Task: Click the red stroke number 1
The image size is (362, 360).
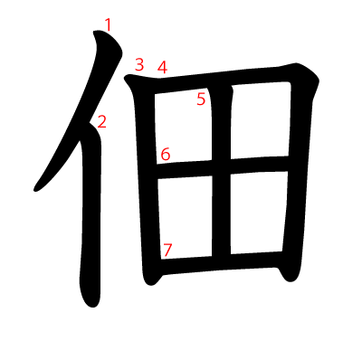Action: [x=109, y=24]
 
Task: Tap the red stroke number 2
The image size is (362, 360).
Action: [x=101, y=121]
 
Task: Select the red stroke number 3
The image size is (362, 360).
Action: [x=139, y=64]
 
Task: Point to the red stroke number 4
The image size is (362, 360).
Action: [x=162, y=67]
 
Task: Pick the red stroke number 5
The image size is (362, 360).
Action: [x=201, y=99]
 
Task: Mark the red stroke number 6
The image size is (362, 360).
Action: [x=165, y=154]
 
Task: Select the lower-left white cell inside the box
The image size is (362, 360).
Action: [x=188, y=215]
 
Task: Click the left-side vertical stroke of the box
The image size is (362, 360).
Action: [x=147, y=181]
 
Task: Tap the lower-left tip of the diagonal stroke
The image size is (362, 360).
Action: [x=38, y=188]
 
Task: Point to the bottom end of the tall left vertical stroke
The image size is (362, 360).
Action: [x=90, y=298]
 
